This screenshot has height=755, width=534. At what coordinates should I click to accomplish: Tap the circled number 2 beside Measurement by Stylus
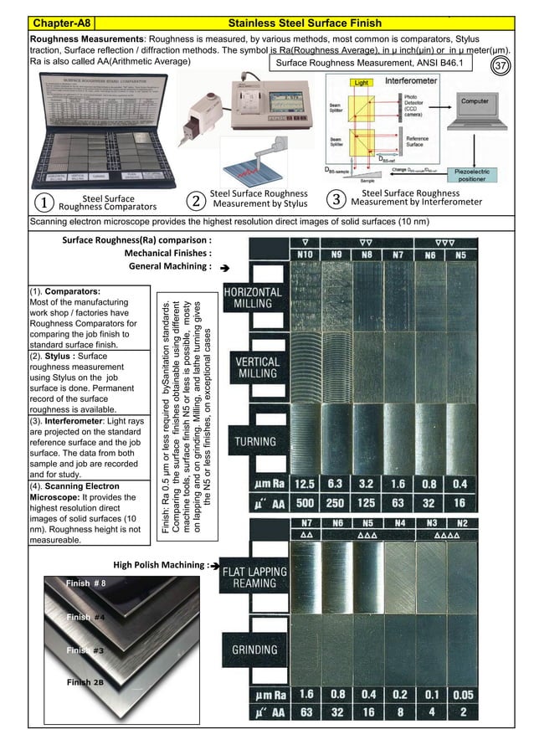(x=194, y=202)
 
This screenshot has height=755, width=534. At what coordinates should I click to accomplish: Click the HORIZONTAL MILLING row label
(x=253, y=298)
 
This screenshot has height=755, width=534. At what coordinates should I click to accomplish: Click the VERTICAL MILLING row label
(x=253, y=368)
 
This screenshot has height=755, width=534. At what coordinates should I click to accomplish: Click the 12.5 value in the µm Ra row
(x=305, y=484)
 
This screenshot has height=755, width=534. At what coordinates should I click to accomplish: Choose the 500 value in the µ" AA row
(x=305, y=503)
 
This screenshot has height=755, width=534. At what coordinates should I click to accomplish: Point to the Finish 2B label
(x=86, y=683)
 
